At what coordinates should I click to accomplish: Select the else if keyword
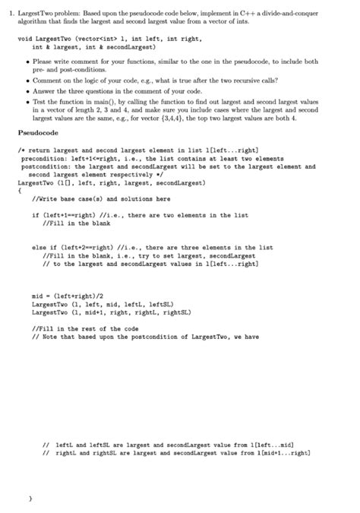click(x=43, y=247)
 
